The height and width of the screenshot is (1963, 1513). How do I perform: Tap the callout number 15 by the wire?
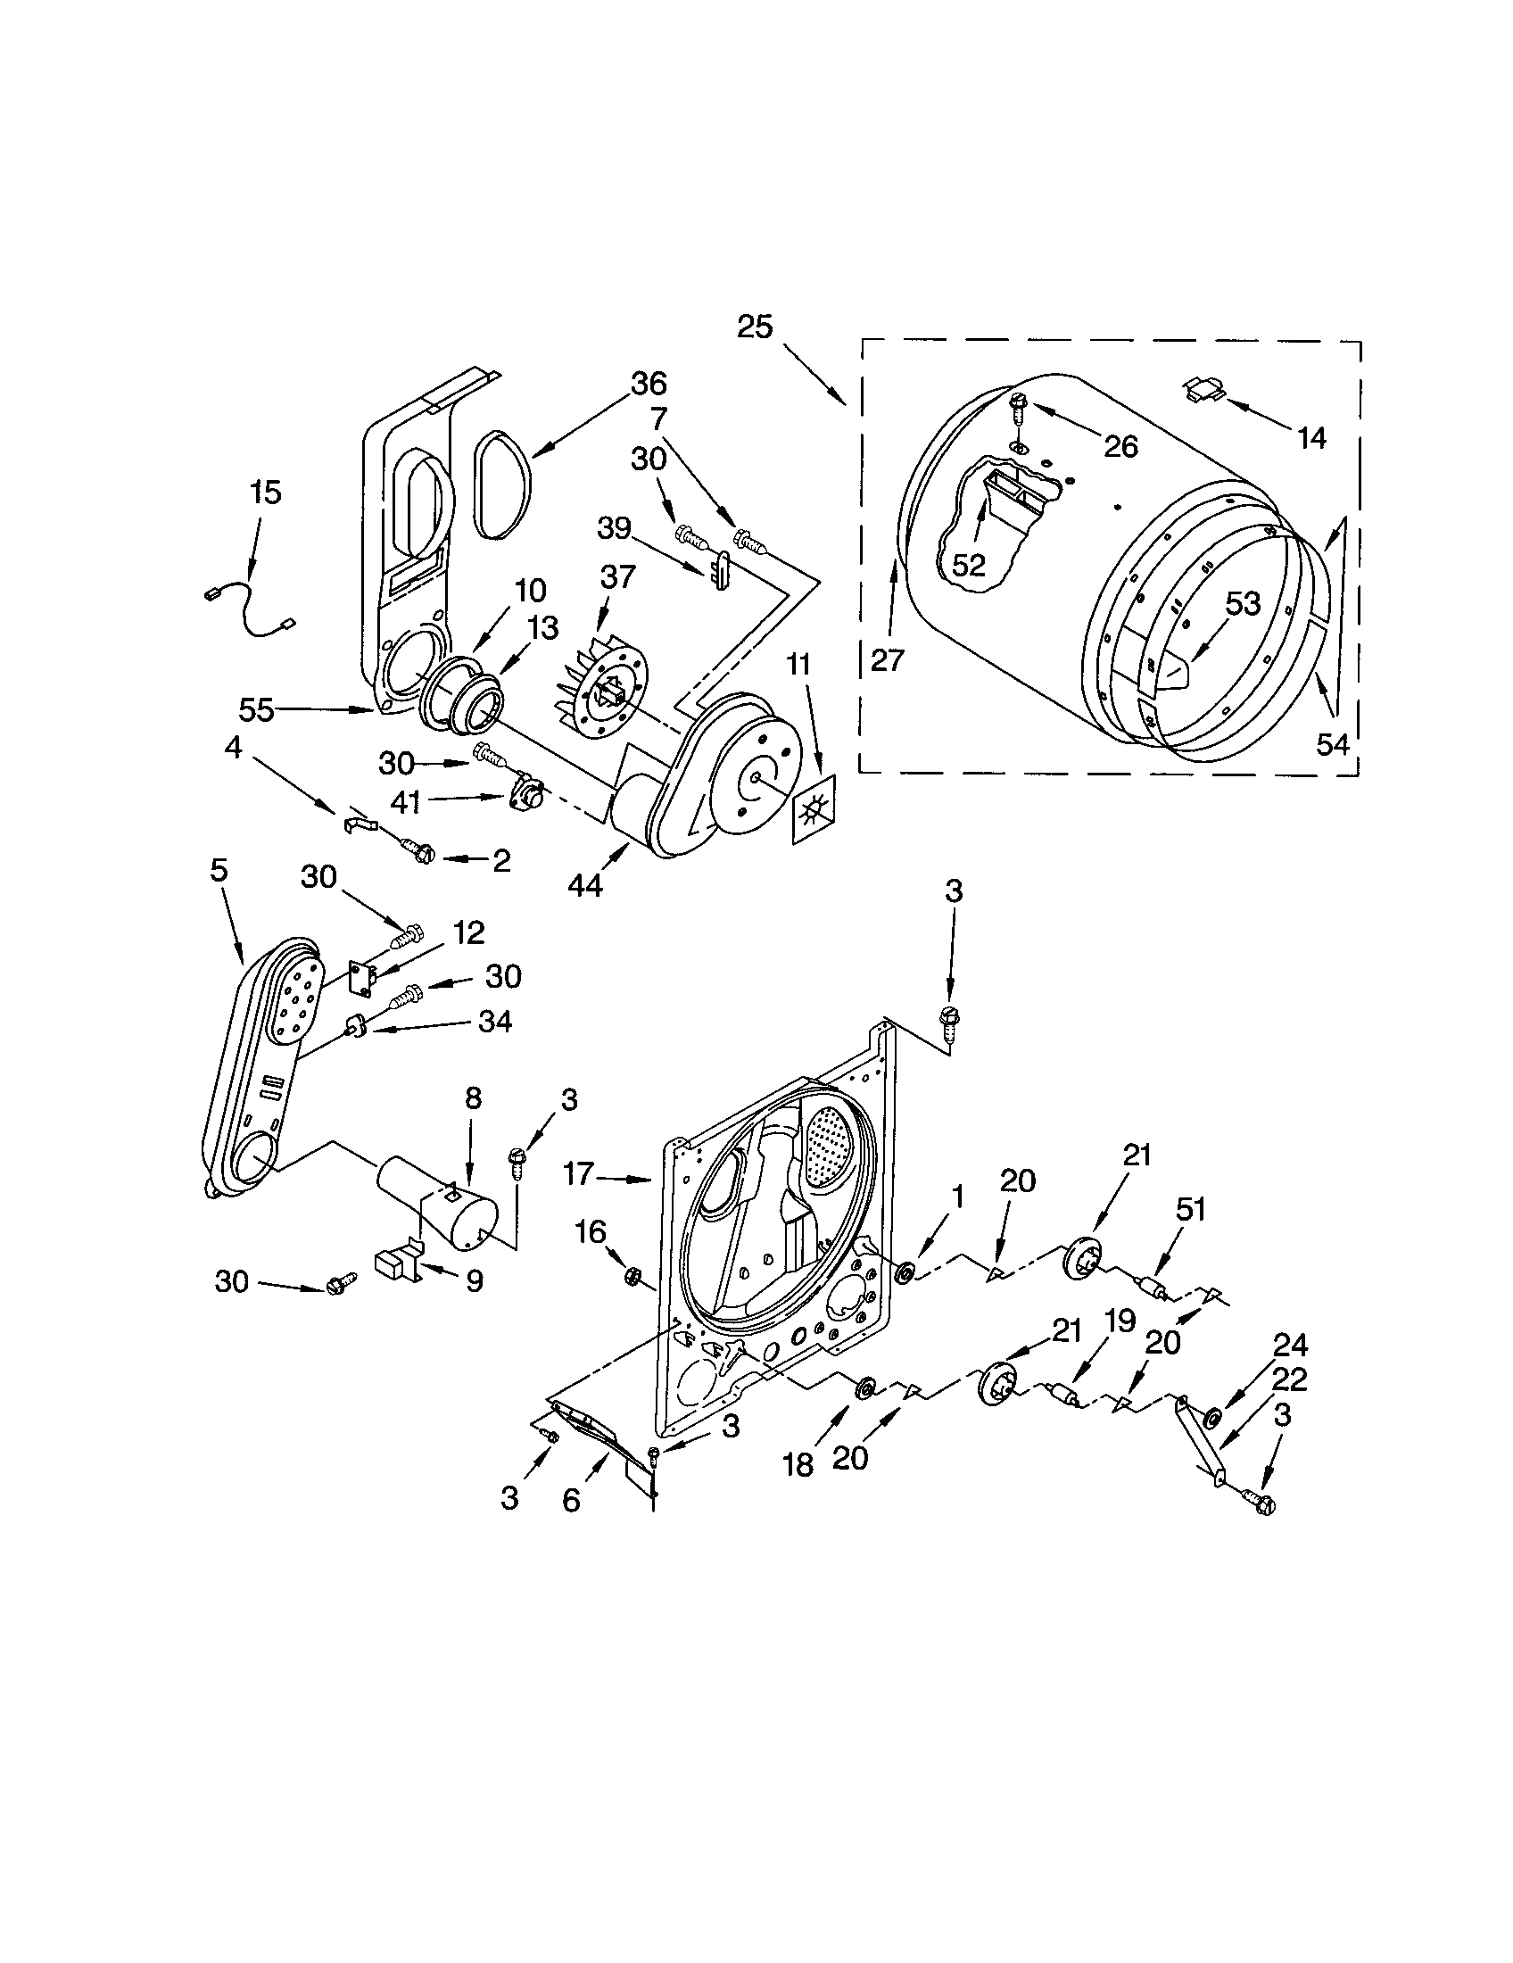tap(266, 493)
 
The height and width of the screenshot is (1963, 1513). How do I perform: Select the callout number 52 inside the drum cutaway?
tap(970, 565)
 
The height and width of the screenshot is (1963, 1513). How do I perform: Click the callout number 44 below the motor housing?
tap(585, 885)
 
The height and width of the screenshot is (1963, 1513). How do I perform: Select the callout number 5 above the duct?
tap(219, 870)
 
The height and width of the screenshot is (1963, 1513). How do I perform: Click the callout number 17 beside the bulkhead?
tap(580, 1174)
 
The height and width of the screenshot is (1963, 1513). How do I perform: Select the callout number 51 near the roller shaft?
tap(1189, 1210)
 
